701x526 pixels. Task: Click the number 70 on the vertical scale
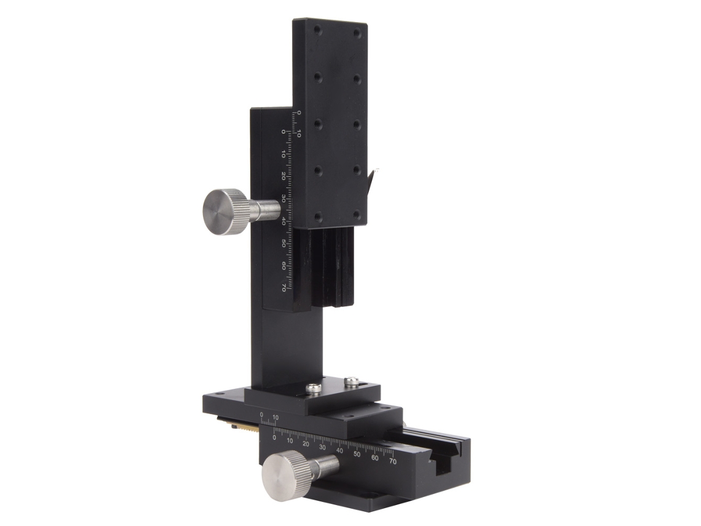point(283,287)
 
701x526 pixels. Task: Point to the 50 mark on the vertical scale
point(283,244)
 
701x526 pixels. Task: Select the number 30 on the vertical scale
point(283,198)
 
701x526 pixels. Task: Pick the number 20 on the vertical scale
point(283,176)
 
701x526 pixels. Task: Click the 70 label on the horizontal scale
point(392,461)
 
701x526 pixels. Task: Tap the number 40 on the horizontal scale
point(340,450)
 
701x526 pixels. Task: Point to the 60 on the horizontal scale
point(374,458)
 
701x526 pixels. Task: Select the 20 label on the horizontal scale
point(306,444)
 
